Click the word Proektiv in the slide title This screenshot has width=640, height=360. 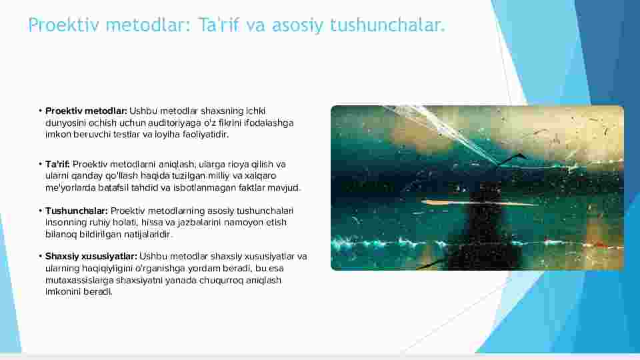(64, 25)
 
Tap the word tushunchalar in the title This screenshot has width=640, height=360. (387, 25)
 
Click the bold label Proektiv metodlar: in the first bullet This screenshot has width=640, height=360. (86, 111)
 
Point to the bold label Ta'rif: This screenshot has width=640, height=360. (57, 164)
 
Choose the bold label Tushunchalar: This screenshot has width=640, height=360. (76, 211)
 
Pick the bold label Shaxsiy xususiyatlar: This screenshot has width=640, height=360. (91, 256)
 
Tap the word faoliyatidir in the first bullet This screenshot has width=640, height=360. (205, 134)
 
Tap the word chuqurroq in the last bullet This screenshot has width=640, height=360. (221, 281)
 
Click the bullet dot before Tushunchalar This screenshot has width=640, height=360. (41, 211)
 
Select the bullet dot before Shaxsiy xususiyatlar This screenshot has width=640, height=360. (41, 256)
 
